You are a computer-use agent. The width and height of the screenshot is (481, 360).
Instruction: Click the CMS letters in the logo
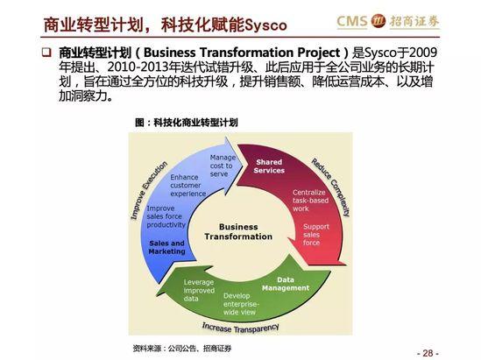coord(352,21)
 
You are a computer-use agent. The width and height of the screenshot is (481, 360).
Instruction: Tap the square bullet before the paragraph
coord(46,53)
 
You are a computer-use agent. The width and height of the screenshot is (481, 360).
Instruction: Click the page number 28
coord(428,353)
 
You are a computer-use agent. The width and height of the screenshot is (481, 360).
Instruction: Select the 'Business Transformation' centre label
coord(238,232)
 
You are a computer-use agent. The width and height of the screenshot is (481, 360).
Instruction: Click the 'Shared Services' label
coord(269,166)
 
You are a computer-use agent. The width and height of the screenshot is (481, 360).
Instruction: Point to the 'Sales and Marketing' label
coord(166,247)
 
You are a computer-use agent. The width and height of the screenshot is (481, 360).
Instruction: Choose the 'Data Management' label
coord(286,284)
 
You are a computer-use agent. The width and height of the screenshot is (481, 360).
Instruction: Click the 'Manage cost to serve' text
coord(223,166)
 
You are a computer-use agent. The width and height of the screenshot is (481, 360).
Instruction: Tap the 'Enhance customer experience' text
coord(188,186)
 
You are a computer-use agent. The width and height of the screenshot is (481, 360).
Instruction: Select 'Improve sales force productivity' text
coord(166,216)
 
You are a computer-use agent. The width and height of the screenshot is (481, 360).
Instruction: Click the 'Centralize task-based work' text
coord(310,201)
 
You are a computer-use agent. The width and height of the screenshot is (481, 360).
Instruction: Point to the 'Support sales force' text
coord(316,235)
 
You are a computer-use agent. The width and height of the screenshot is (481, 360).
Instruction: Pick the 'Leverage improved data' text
coord(199,291)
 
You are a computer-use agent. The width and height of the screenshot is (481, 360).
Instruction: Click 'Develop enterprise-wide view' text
coord(241,304)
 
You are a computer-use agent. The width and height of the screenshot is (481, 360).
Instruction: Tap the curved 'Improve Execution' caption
coord(149,190)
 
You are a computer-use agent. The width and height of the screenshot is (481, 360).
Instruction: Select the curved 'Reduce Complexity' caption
coord(331,187)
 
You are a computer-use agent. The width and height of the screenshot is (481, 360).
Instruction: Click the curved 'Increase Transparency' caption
coord(240,328)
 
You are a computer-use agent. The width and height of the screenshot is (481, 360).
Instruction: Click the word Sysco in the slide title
coord(266,25)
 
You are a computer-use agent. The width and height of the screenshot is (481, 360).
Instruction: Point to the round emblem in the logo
coord(378,21)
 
